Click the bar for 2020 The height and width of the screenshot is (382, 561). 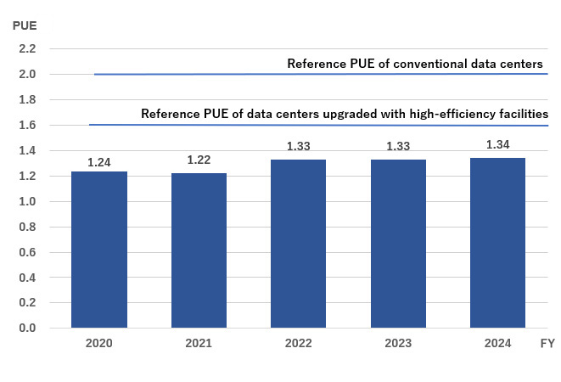(99, 250)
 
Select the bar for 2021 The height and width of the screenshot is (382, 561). (199, 250)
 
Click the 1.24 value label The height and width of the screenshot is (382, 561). (99, 161)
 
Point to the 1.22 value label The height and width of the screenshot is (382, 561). (199, 160)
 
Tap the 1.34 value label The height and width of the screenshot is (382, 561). (497, 145)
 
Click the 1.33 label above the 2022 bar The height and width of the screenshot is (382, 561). (298, 147)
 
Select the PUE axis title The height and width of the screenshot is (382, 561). (25, 25)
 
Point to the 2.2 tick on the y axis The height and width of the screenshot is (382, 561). (27, 49)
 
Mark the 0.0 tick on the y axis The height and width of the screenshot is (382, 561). (27, 329)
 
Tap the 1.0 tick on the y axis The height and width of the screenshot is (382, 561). (27, 202)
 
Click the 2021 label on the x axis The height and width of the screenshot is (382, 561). (199, 344)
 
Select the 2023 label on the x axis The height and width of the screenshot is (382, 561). (398, 344)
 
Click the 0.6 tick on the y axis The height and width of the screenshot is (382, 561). (27, 252)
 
